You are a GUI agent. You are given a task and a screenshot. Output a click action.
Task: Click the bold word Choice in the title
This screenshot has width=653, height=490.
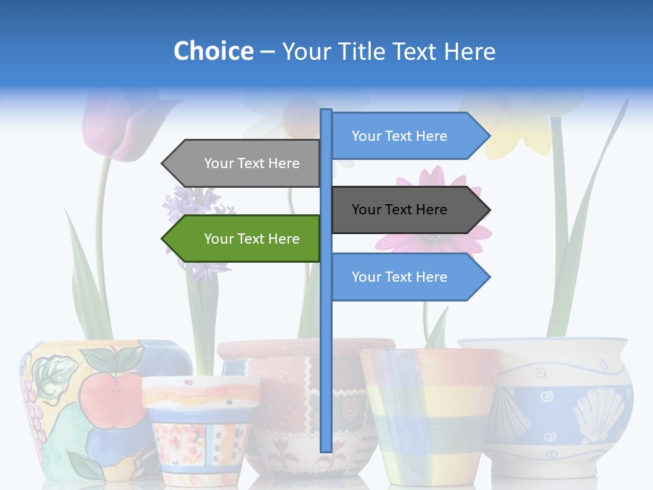click(213, 51)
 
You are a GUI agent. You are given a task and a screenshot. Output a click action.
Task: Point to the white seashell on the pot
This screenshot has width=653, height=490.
click(599, 415)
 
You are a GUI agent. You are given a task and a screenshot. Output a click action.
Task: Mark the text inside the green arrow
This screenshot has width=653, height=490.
click(252, 239)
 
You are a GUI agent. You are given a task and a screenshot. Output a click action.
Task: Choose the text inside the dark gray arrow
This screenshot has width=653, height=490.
click(399, 210)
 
